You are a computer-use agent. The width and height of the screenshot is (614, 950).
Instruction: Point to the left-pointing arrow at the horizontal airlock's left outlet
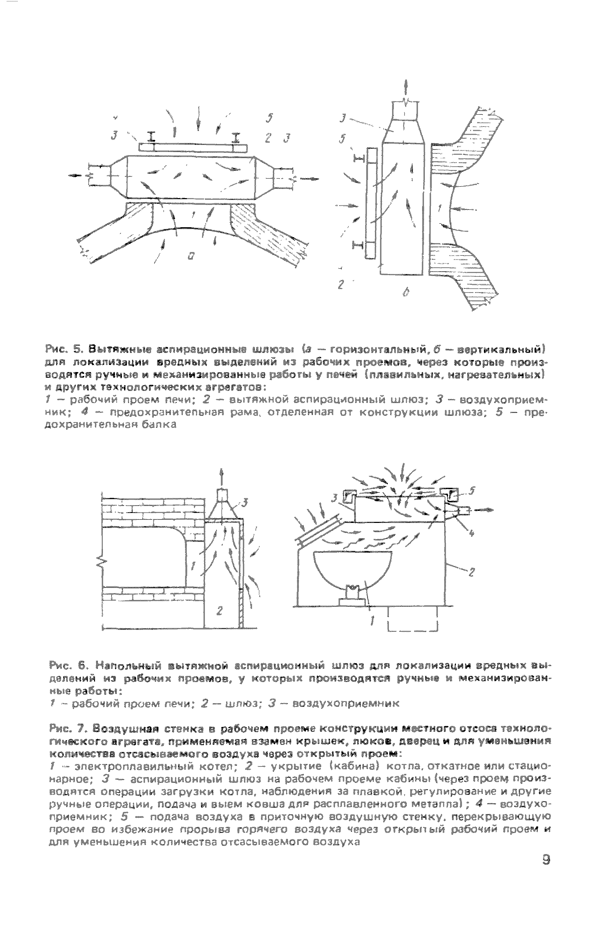[77, 176]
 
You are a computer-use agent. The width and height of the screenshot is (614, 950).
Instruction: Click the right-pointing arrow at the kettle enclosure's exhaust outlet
[484, 510]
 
